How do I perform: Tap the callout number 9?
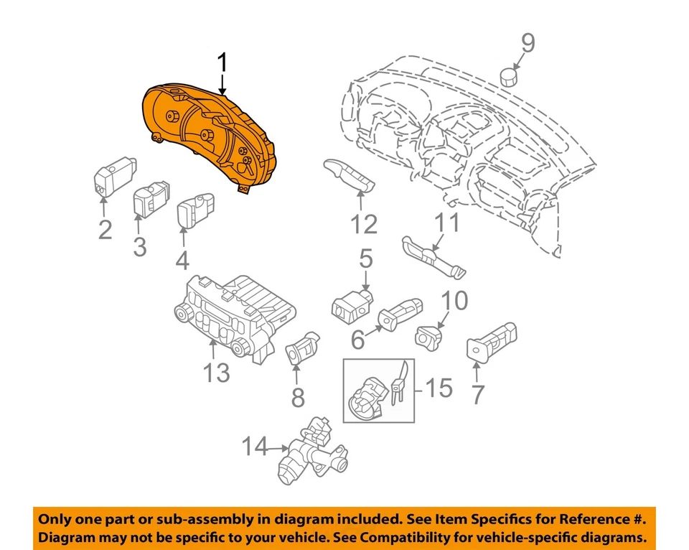click(x=528, y=45)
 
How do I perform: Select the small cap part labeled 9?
click(x=509, y=75)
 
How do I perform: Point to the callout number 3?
click(x=139, y=248)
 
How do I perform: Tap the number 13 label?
click(x=215, y=373)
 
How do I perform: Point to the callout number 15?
click(x=439, y=388)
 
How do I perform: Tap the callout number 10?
click(x=453, y=300)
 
